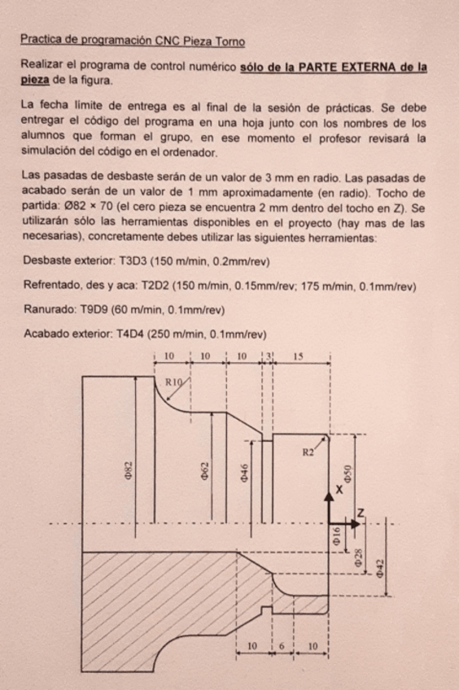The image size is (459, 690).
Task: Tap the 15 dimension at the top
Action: click(300, 356)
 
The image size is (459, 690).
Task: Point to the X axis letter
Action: click(339, 491)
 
